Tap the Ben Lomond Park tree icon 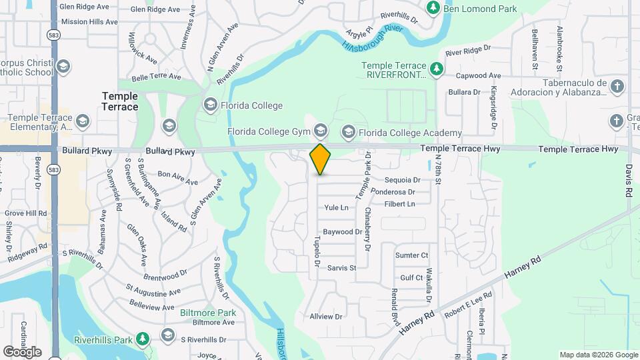tap(433, 8)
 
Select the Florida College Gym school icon tap(321, 131)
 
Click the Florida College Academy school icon tap(347, 133)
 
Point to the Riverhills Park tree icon tap(142, 339)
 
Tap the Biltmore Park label tap(208, 312)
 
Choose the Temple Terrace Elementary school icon tap(83, 121)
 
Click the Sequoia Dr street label tap(403, 180)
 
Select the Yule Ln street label tap(336, 208)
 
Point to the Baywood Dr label tap(342, 233)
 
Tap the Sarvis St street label tap(342, 268)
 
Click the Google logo tap(21, 351)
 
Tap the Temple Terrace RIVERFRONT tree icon tap(437, 68)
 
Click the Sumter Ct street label tap(411, 255)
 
